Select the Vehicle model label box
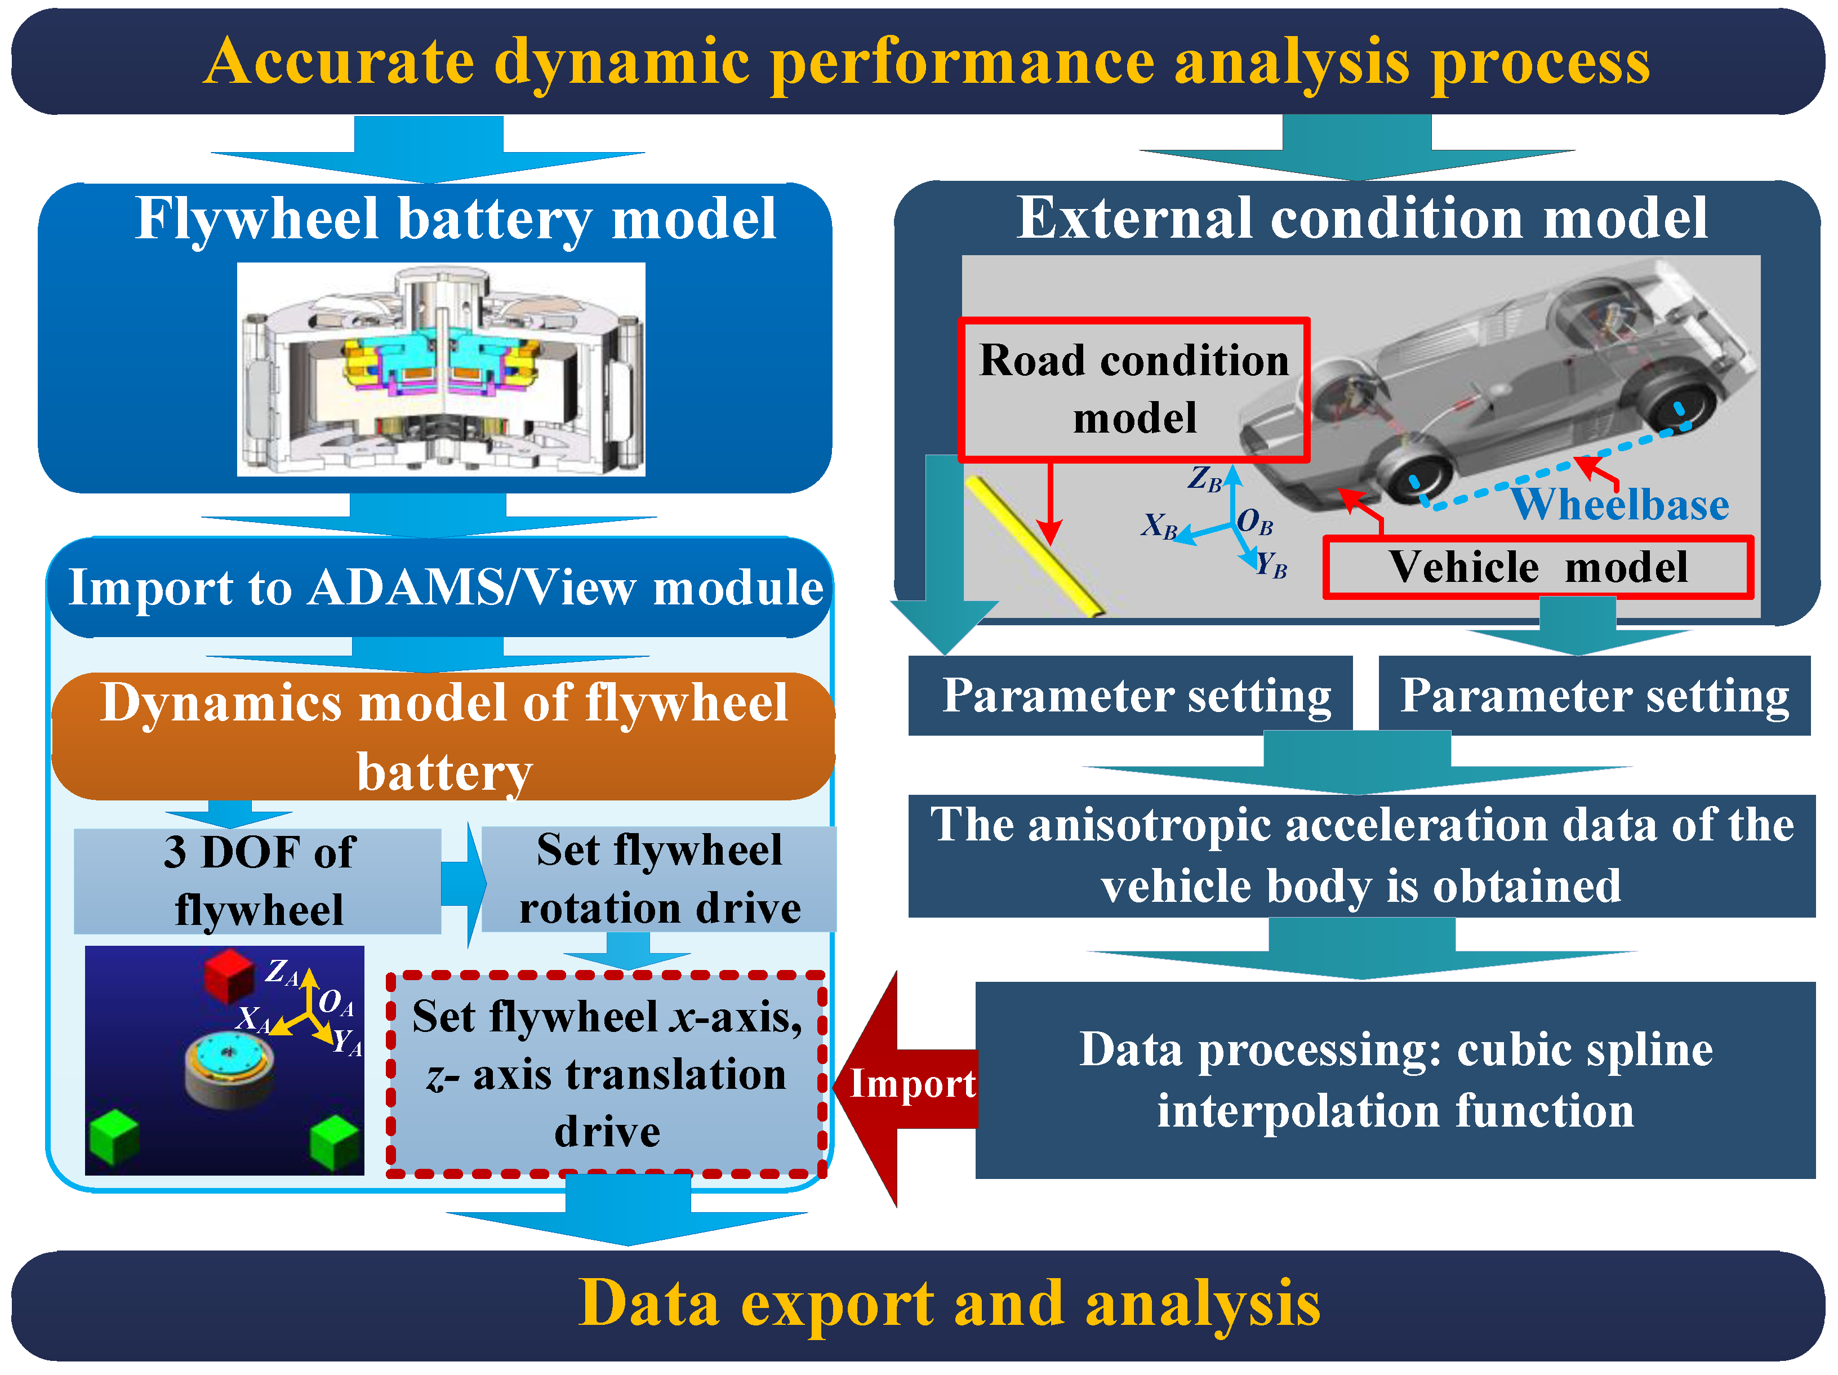tap(1537, 567)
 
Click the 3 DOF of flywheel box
tap(257, 880)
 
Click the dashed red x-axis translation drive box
tap(607, 1074)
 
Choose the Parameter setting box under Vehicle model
tap(1594, 696)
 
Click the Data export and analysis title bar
tap(918, 1305)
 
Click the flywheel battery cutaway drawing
tap(440, 370)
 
